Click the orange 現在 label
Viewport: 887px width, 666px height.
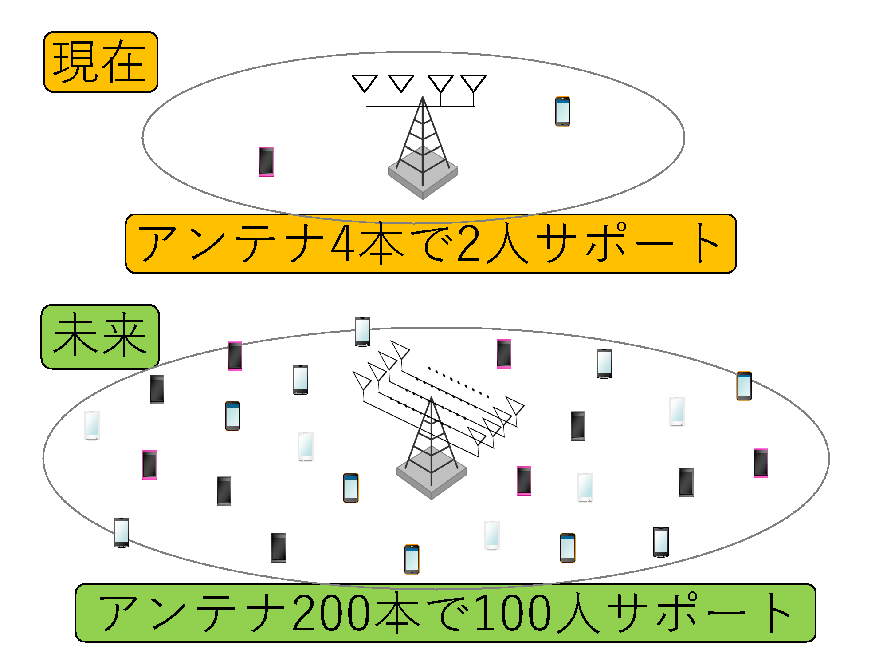coord(101,62)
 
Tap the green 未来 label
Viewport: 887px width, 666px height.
coord(100,337)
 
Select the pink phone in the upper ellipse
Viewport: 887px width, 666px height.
coord(266,162)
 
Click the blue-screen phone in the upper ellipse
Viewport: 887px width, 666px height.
coord(562,111)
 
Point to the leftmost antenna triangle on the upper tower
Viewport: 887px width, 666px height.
coord(365,83)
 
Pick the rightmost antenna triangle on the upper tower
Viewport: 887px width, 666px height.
coord(473,83)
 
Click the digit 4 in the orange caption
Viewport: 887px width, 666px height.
coord(343,244)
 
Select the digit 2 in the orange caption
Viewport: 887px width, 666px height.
coord(469,244)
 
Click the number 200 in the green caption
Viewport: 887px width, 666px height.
coord(331,613)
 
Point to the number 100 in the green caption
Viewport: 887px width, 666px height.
coord(514,613)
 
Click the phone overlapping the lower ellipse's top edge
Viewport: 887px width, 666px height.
coord(362,331)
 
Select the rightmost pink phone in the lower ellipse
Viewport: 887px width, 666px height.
coord(761,463)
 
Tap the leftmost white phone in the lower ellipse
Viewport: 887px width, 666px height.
coord(92,425)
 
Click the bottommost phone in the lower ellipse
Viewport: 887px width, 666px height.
coord(412,559)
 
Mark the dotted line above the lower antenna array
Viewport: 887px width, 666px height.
coord(459,382)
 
